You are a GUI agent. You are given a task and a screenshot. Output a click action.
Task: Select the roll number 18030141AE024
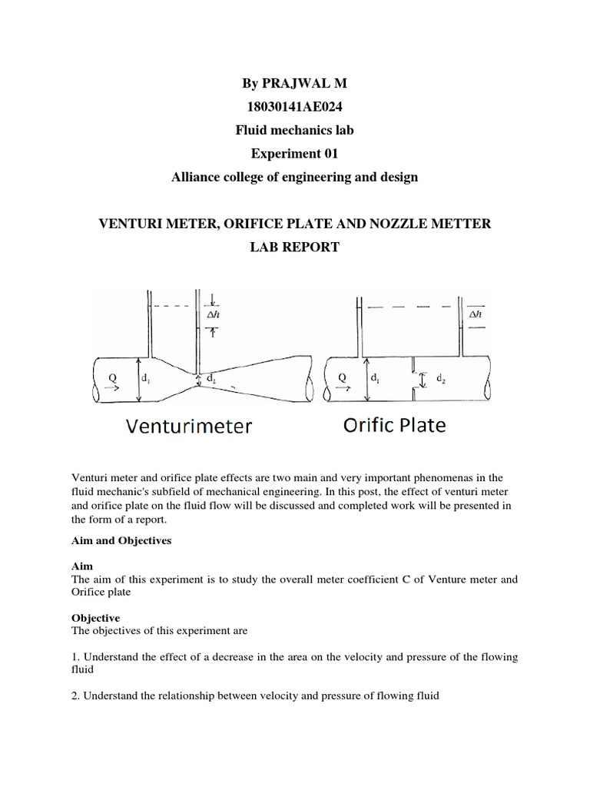click(295, 107)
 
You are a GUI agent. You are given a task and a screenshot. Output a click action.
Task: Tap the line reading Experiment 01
click(295, 154)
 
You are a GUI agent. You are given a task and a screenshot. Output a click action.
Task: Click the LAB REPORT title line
click(295, 247)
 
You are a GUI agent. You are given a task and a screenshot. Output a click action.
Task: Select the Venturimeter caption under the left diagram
click(190, 427)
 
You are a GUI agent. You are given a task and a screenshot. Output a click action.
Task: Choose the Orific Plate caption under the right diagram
click(394, 424)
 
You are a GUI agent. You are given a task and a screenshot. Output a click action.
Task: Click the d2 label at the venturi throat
click(211, 378)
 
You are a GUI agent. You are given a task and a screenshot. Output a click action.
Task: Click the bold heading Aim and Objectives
click(121, 540)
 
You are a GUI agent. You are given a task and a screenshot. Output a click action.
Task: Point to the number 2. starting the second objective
click(75, 696)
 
